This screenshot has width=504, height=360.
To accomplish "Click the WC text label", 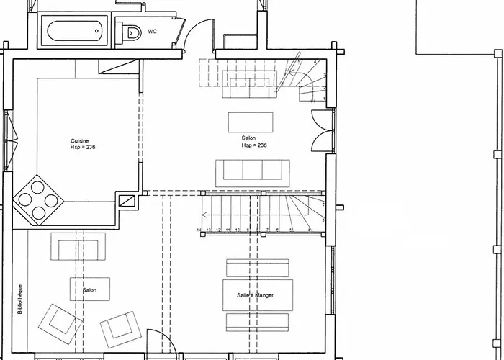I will tap(152, 32).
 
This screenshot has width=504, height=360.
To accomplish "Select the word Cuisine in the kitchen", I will tap(79, 140).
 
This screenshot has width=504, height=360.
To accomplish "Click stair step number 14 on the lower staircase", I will tap(199, 230).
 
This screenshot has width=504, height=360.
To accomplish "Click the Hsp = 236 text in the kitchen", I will tap(83, 147).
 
